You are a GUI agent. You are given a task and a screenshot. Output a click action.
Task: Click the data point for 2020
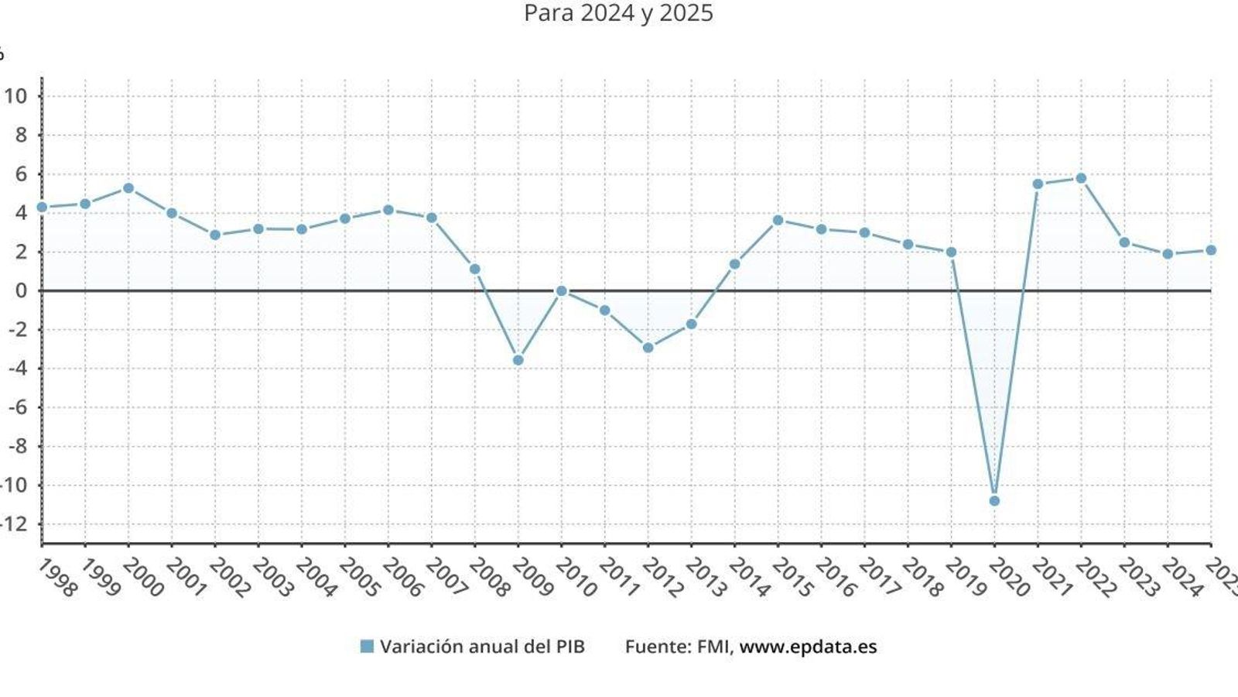pos(994,501)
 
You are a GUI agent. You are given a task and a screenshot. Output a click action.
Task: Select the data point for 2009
pos(518,360)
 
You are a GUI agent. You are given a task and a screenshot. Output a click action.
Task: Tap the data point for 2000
pos(128,188)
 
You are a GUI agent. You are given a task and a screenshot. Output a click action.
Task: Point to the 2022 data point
pos(1081,178)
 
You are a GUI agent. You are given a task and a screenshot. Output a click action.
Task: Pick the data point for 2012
pos(648,348)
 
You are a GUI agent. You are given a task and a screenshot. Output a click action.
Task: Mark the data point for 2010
pos(562,291)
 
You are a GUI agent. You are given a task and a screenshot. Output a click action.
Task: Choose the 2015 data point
pos(778,220)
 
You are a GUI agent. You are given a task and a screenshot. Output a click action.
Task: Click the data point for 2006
pos(388,210)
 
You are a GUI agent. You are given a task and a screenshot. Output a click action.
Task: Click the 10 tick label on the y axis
pos(15,96)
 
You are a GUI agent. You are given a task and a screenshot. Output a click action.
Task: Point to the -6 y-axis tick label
pos(17,407)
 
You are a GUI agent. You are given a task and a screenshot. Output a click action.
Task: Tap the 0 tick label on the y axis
pos(21,290)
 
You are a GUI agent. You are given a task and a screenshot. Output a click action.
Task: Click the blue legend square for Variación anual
pos(367,647)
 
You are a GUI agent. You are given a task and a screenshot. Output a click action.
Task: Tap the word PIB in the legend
pos(569,647)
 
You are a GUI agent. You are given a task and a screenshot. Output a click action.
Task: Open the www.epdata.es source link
pos(808,647)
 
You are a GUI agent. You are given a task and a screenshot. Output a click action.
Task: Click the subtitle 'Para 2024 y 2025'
pos(618,13)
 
